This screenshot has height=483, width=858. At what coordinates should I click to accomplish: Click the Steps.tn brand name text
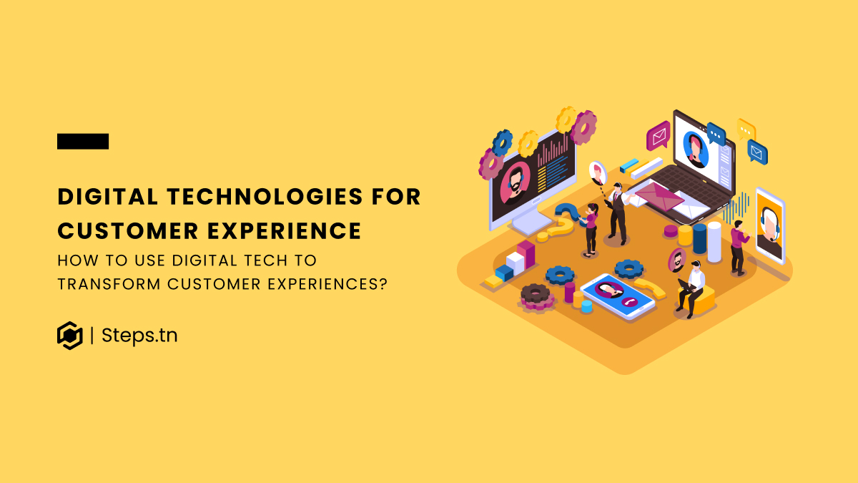139,335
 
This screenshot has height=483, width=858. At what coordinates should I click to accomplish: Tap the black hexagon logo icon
70,335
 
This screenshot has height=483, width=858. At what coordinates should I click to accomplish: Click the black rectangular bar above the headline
83,142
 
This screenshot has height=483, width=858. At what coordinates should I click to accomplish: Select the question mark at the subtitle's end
383,283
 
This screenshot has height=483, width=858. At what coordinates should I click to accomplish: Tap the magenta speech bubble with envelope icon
657,135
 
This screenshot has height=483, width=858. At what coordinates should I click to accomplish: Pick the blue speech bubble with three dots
716,134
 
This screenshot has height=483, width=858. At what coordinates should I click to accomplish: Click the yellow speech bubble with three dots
746,130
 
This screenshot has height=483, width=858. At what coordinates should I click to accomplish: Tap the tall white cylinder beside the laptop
714,241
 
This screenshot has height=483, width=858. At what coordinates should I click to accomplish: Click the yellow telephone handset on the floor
649,287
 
